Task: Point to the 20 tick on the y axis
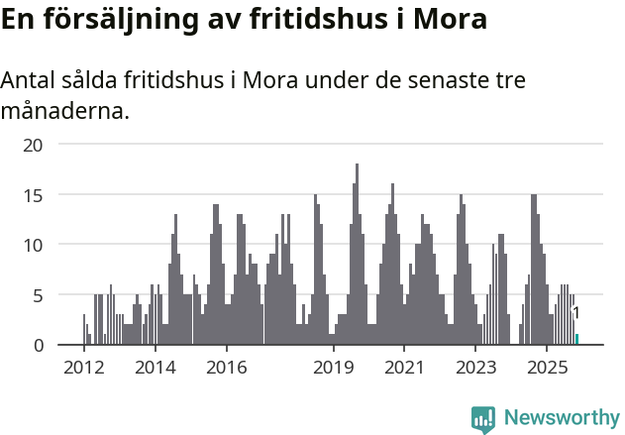tap(34, 145)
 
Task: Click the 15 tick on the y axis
tap(34, 195)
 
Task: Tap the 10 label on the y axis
tap(34, 245)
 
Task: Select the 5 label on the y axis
tap(38, 295)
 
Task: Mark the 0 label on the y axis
tap(38, 345)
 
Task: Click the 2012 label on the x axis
tap(84, 368)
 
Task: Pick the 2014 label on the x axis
tap(155, 368)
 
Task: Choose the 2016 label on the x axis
tap(227, 368)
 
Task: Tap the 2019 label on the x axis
tap(334, 368)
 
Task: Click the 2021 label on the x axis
tap(404, 368)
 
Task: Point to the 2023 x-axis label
tap(475, 368)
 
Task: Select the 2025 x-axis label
tap(547, 368)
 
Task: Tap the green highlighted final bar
tap(576, 340)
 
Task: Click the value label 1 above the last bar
tap(576, 313)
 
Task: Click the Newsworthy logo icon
tap(483, 419)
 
